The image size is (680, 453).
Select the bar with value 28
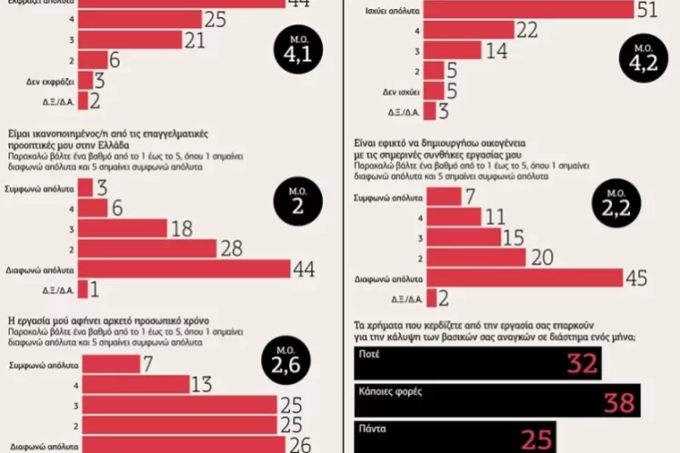tap(146, 248)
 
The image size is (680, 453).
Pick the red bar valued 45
tap(524, 277)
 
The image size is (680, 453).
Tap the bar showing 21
tap(130, 40)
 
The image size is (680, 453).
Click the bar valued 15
tap(463, 237)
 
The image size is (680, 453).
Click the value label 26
tap(300, 445)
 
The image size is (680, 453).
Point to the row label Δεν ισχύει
tap(396, 92)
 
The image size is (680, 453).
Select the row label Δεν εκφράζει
tap(50, 82)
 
